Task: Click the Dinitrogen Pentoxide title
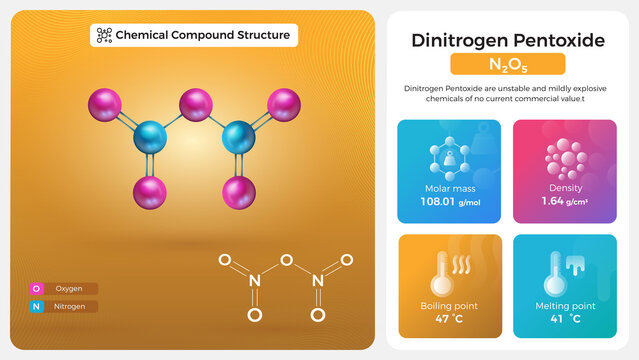(508, 40)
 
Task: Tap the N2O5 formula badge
(508, 65)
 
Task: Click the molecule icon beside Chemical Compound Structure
(104, 35)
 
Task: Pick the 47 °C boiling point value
(449, 319)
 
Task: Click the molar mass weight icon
(449, 158)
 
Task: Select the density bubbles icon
(565, 158)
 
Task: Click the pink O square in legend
(37, 289)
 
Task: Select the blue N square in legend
(37, 306)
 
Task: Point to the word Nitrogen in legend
(70, 306)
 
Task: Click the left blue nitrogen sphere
(151, 135)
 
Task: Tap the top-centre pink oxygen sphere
(195, 104)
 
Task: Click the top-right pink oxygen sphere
(284, 103)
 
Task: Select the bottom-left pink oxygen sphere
(150, 191)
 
